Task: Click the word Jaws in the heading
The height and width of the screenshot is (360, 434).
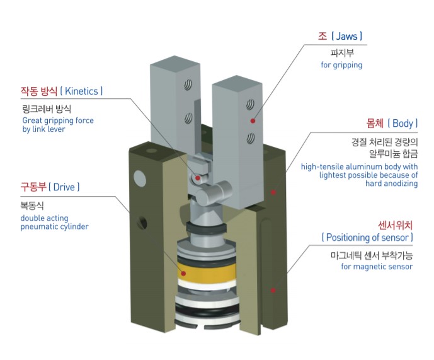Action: [346, 36]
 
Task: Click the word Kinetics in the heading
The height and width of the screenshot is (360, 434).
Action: [81, 91]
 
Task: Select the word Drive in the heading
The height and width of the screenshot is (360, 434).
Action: [64, 187]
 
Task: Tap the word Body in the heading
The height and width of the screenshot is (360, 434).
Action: [403, 124]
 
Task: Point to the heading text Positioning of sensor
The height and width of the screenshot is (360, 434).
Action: [367, 238]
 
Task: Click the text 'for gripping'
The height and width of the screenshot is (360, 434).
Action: [341, 65]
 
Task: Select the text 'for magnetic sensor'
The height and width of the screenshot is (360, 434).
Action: [377, 267]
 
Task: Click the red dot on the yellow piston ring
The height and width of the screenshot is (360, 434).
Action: [183, 274]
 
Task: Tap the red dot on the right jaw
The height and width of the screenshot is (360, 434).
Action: [253, 121]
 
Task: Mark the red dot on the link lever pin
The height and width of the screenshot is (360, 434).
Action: [198, 178]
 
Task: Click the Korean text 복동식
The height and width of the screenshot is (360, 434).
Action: [32, 206]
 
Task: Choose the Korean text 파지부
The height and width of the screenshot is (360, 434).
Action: [342, 53]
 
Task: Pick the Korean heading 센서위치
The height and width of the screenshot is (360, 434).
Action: [395, 225]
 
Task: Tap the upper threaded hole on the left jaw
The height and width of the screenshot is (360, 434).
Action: [188, 84]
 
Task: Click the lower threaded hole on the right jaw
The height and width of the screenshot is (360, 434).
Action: [251, 138]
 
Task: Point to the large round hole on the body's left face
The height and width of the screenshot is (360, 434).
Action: [140, 178]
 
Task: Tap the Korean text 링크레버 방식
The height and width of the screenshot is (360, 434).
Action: [47, 108]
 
